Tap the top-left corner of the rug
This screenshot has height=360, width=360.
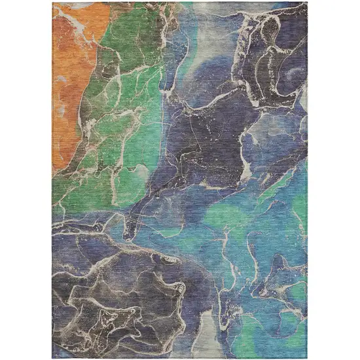[52, 2]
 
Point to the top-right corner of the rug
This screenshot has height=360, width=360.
[308, 2]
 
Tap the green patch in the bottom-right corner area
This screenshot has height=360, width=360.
[288, 334]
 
